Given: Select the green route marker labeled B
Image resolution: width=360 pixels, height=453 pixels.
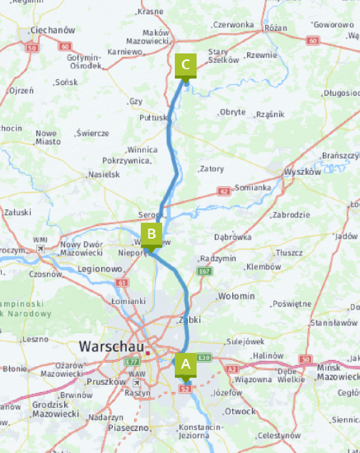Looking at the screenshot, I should (x=152, y=234).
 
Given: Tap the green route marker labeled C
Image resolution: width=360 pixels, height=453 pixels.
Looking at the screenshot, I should (x=186, y=64).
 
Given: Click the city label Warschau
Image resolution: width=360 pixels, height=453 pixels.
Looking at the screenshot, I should (x=111, y=347).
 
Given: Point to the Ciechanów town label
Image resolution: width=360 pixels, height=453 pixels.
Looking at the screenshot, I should (x=53, y=30).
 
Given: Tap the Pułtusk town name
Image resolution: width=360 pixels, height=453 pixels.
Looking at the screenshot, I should (x=153, y=118).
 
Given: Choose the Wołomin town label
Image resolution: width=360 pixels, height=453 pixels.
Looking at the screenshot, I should (x=237, y=296).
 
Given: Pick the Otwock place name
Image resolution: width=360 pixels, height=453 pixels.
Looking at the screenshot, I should (x=240, y=411).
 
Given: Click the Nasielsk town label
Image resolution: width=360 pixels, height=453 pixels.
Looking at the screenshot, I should (x=104, y=174).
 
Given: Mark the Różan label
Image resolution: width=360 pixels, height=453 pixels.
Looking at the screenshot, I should (x=276, y=28).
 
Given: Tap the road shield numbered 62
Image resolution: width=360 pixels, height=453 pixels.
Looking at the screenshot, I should (x=224, y=191).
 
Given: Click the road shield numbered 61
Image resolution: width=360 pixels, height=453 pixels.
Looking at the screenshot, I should (x=123, y=282).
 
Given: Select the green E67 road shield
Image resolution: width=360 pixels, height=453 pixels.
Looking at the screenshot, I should (x=205, y=271).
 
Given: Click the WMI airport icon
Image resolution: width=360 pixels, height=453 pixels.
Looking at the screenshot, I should (x=40, y=248).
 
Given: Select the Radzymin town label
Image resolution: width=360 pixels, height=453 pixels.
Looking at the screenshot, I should (x=218, y=258).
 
